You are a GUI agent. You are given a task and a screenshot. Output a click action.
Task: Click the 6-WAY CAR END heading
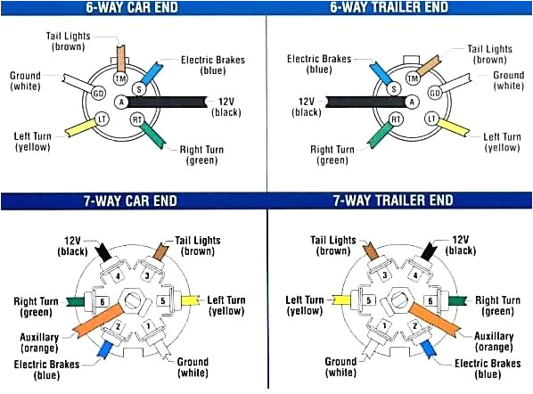133,8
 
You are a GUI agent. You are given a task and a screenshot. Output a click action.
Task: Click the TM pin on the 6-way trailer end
413,78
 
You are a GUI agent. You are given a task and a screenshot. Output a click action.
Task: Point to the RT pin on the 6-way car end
137,119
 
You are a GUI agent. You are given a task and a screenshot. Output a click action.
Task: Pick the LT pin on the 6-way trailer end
432,119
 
